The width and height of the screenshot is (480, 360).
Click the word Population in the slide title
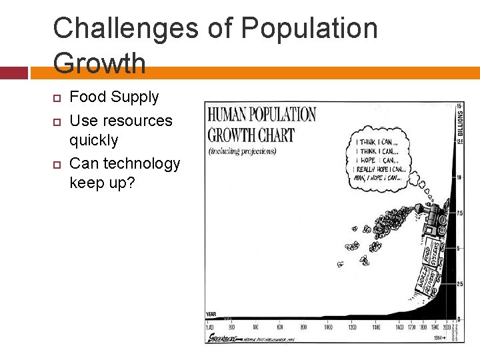coord(309,29)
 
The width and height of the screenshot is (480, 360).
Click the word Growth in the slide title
coord(99,63)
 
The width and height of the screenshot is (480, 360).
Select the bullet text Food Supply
coord(114,97)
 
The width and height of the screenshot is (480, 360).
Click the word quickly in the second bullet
coord(93,140)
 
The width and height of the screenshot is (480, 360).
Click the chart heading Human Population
coord(261,114)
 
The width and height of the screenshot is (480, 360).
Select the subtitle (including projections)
coord(242,151)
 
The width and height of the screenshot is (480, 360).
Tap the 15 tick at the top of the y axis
coord(459,107)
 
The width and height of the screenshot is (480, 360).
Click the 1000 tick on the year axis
coord(327,327)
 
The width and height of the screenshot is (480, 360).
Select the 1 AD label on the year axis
coord(210,327)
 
